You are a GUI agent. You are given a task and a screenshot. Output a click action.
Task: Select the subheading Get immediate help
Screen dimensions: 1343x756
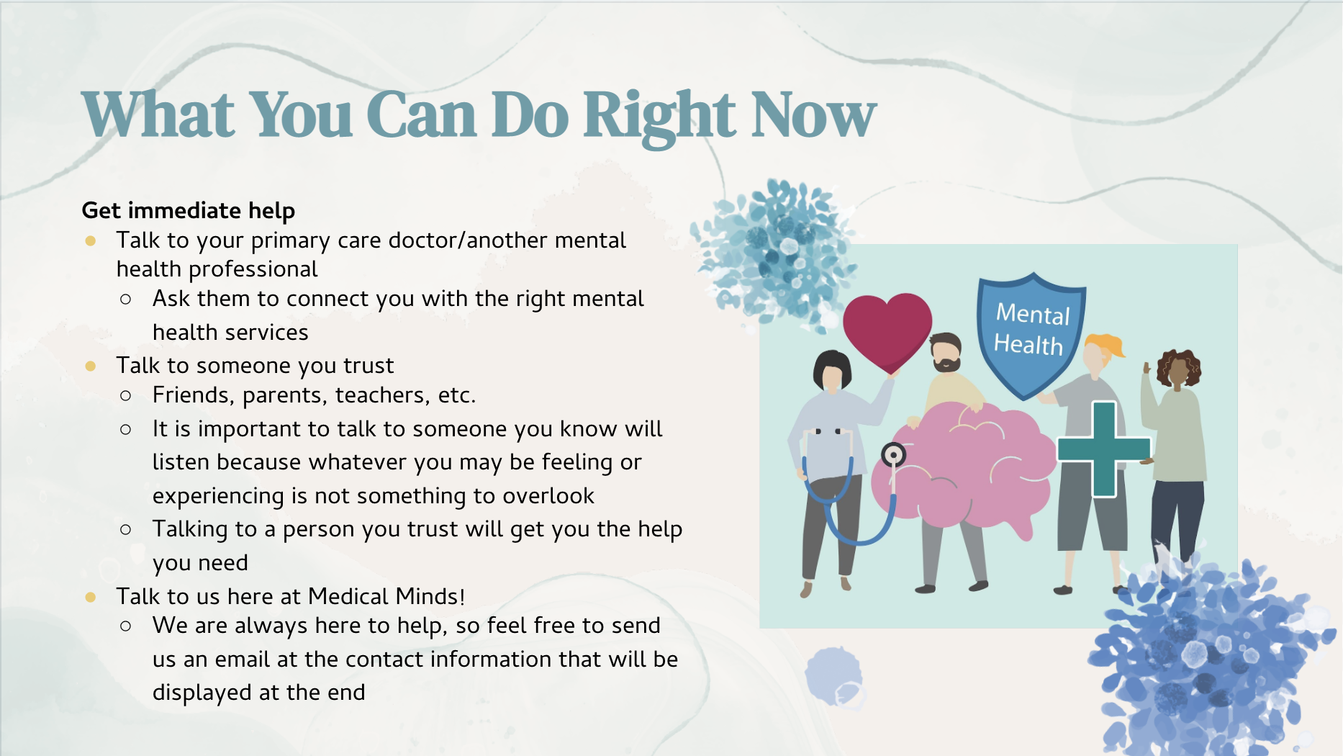(x=189, y=210)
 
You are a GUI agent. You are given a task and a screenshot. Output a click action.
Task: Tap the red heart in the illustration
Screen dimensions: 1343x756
(x=887, y=331)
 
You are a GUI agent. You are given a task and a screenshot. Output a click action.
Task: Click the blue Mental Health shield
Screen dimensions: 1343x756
(x=1031, y=334)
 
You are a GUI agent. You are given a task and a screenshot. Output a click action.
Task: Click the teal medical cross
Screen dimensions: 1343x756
(x=1104, y=449)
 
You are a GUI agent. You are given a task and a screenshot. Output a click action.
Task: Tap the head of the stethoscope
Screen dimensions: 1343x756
(x=893, y=455)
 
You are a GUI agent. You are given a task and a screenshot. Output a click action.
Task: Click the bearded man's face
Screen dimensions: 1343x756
(x=946, y=354)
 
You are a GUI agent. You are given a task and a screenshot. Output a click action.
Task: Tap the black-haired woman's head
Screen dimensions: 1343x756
(x=832, y=372)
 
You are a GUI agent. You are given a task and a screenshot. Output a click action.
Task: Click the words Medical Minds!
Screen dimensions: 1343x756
(x=386, y=596)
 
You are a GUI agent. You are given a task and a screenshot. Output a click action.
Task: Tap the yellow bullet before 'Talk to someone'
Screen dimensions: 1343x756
(x=91, y=366)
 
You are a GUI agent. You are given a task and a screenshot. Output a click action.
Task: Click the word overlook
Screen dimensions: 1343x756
(x=548, y=495)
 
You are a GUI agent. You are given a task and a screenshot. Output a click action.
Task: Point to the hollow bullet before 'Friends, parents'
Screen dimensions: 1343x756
(x=126, y=395)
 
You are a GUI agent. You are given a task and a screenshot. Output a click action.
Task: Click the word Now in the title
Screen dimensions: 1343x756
(x=814, y=115)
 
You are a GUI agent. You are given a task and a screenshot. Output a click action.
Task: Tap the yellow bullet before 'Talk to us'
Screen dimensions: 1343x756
(x=91, y=597)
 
